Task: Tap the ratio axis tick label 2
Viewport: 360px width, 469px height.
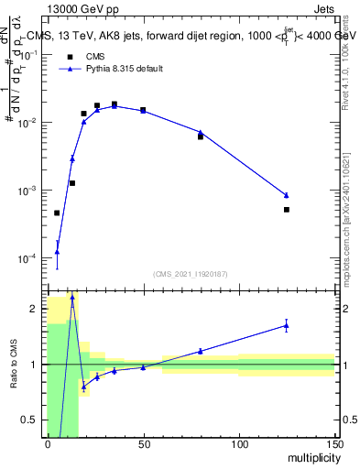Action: (x=36, y=309)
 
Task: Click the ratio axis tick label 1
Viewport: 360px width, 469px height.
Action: (x=36, y=365)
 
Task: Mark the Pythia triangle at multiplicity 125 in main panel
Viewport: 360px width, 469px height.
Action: (x=287, y=195)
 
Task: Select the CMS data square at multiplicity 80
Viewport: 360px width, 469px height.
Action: (x=201, y=136)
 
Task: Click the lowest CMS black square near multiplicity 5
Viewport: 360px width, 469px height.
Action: (x=57, y=213)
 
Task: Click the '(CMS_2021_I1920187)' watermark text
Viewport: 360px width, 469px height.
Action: (x=191, y=273)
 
